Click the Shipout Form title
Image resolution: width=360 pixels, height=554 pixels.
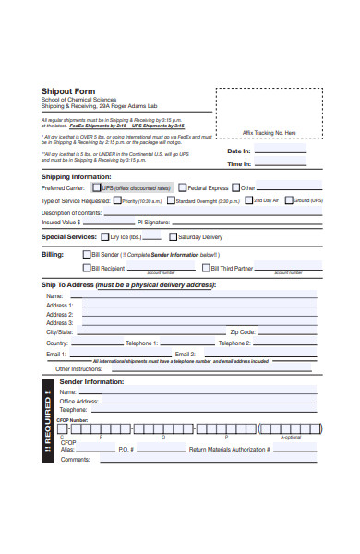[x=69, y=91]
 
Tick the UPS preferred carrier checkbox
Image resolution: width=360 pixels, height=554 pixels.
[x=96, y=187]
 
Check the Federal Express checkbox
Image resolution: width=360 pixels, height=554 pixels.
[x=183, y=187]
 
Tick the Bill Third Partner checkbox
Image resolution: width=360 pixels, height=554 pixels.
[x=206, y=268]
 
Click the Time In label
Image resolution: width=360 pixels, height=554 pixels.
[x=239, y=164]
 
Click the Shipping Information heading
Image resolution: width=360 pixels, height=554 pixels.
[x=77, y=175]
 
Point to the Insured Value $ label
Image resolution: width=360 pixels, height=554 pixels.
[x=62, y=223]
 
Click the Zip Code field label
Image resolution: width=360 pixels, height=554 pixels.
[x=243, y=331]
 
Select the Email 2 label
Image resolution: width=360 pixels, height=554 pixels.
[x=186, y=354]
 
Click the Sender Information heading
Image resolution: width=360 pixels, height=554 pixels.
[x=91, y=381]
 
